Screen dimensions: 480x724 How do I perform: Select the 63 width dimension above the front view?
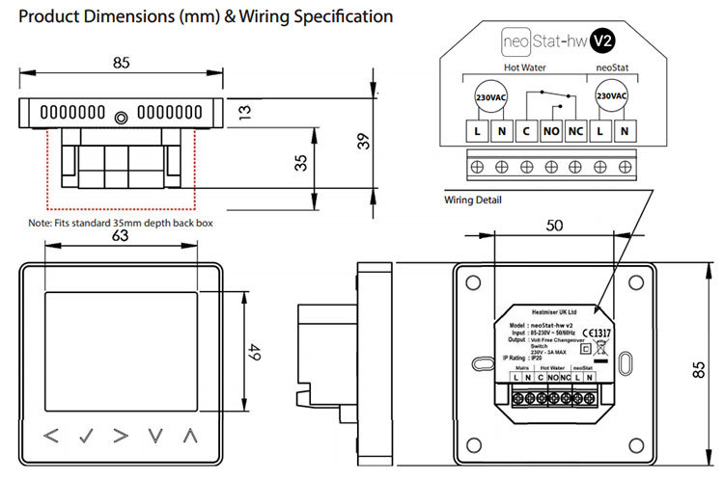click(120, 235)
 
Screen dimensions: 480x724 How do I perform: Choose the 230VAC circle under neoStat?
click(612, 96)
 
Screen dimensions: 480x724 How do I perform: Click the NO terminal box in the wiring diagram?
click(551, 131)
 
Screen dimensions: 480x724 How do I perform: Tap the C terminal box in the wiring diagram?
click(526, 131)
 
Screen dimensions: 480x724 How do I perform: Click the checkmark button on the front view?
click(86, 435)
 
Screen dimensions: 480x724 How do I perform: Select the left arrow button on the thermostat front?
click(51, 435)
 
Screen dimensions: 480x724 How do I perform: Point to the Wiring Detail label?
click(473, 200)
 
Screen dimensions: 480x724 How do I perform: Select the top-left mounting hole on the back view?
click(472, 284)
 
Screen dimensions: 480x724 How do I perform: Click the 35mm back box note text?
click(121, 223)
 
